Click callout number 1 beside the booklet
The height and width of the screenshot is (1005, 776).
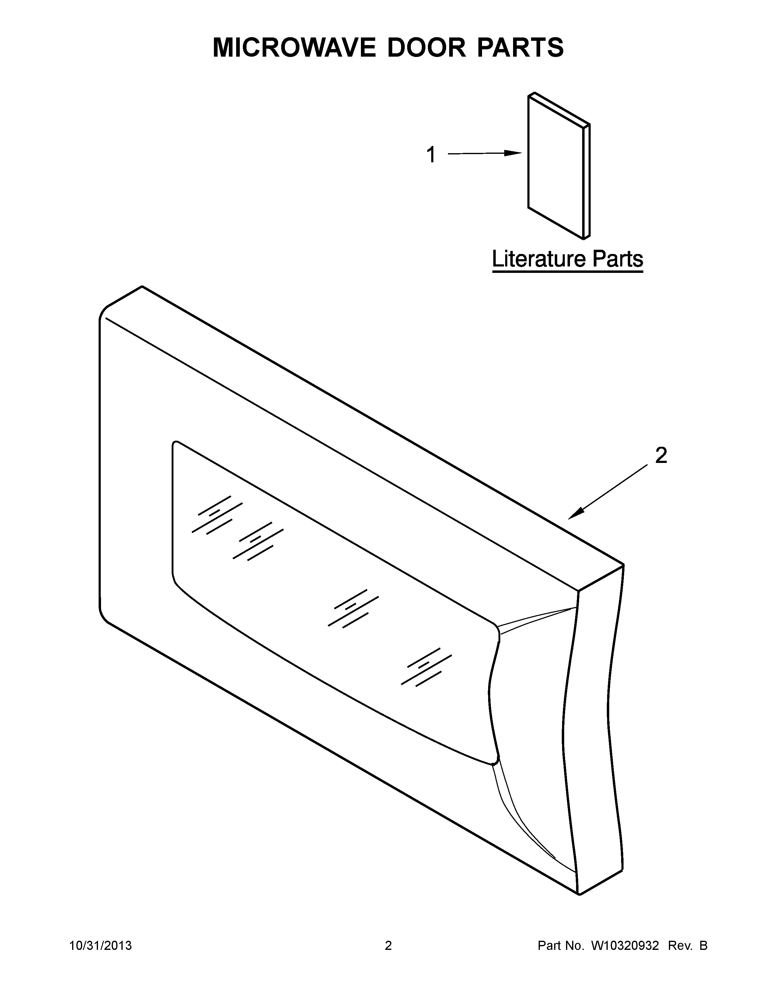coord(431,155)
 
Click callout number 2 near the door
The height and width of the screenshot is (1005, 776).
coord(661,456)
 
